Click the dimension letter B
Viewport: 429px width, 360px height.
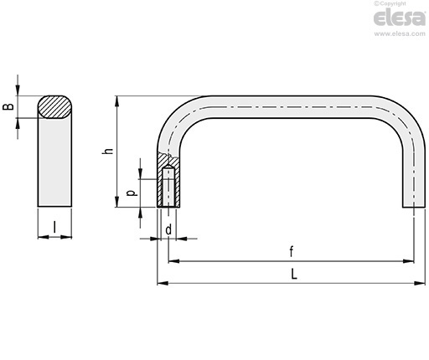tap(8, 106)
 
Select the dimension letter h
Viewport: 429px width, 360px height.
tap(108, 151)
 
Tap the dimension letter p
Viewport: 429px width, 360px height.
tap(132, 193)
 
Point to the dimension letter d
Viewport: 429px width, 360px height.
tap(168, 230)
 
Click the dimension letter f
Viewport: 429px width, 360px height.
tap(292, 252)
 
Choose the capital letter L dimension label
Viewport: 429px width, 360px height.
tap(294, 274)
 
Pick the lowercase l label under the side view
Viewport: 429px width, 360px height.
tap(54, 227)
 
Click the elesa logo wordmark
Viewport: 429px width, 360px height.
tap(400, 18)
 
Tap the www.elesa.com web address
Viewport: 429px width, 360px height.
tap(400, 33)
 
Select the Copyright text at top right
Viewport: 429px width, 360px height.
tap(390, 3)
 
